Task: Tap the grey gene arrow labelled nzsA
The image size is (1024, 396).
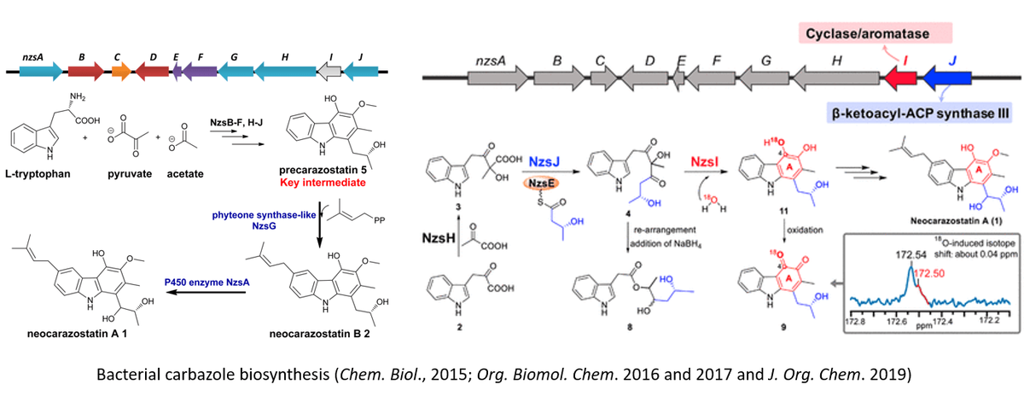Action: click(497, 79)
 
